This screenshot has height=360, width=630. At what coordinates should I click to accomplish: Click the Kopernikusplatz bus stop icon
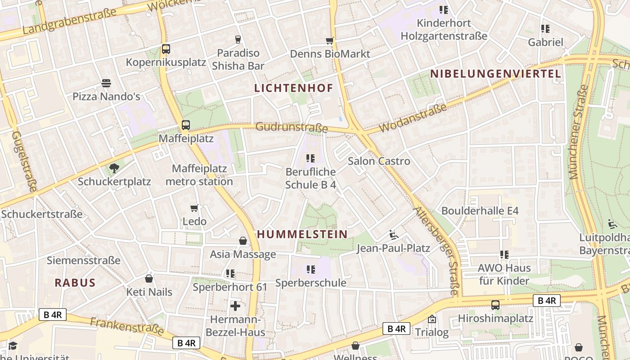[x=166, y=49]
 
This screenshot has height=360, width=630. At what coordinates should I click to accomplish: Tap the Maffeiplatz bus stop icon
[x=186, y=125]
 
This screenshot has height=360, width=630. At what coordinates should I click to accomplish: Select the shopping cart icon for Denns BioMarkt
[x=330, y=41]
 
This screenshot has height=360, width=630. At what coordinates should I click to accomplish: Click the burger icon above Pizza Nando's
[x=106, y=83]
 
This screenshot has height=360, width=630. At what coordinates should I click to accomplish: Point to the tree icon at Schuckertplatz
[x=114, y=169]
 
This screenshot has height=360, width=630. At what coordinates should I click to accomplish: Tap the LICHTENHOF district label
[x=294, y=88]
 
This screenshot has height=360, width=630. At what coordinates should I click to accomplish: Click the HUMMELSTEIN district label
[x=302, y=234]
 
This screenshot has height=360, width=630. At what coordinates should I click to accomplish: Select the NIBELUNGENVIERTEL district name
[x=495, y=74]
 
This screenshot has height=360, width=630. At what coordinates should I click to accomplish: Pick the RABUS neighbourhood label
[x=75, y=283]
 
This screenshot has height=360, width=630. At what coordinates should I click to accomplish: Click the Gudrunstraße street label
[x=292, y=128]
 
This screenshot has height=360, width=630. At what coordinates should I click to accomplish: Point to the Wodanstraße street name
[x=413, y=118]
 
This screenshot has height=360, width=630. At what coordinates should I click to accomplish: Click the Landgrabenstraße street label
[x=67, y=22]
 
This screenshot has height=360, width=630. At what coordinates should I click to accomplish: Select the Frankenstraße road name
[x=127, y=326]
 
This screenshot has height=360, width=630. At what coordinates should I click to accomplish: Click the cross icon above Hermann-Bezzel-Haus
[x=235, y=306]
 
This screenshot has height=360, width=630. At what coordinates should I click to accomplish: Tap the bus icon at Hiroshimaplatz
[x=495, y=305]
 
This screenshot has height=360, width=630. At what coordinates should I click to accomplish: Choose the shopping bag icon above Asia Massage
[x=243, y=241]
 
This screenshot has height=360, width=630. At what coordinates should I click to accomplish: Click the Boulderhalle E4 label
[x=480, y=211]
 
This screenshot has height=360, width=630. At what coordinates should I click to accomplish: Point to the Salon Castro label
[x=379, y=161]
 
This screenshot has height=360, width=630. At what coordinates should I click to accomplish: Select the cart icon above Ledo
[x=194, y=208]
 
